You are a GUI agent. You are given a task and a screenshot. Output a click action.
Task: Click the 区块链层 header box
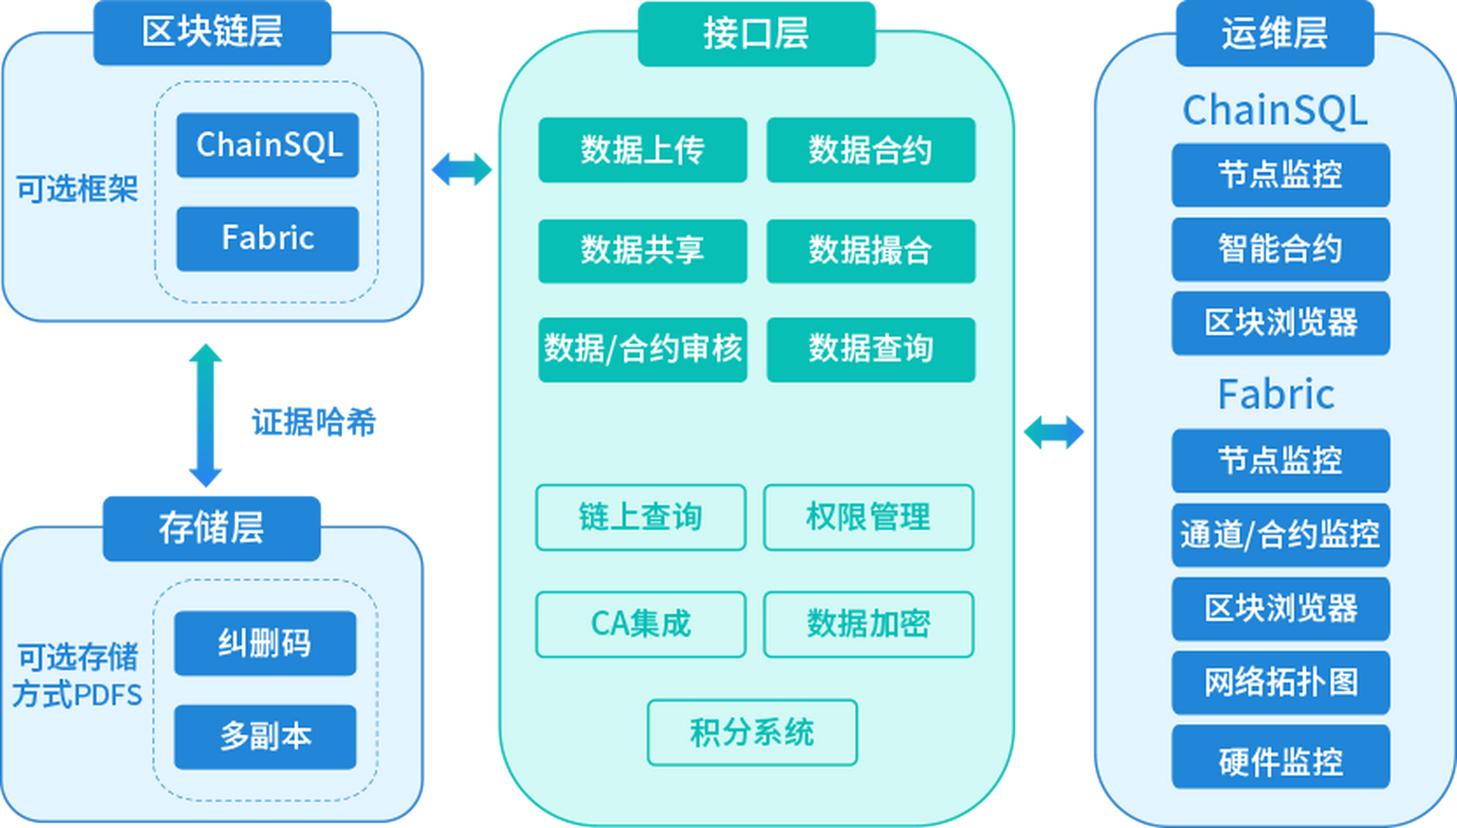click(212, 32)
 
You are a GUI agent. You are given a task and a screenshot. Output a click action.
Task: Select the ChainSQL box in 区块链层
click(268, 145)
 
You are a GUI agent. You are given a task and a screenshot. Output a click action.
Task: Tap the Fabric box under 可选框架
click(268, 238)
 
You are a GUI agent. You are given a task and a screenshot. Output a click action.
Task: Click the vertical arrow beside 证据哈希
click(206, 415)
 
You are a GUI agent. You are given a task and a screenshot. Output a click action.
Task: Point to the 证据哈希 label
click(314, 422)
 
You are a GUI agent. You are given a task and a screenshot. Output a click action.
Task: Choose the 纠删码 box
click(264, 643)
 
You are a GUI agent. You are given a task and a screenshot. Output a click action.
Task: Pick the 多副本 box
click(264, 737)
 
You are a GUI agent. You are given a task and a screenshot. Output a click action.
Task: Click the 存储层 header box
click(211, 528)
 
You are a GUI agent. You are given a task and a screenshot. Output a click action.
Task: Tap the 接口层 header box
click(756, 34)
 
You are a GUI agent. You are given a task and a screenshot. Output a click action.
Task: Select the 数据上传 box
click(643, 150)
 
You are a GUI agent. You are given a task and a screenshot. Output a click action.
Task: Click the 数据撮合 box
click(871, 251)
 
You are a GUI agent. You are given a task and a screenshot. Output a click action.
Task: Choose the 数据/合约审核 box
click(643, 349)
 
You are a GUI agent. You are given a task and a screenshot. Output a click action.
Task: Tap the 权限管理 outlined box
click(868, 517)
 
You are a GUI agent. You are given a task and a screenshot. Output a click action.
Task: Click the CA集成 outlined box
click(641, 624)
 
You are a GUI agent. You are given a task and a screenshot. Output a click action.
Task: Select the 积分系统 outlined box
click(752, 732)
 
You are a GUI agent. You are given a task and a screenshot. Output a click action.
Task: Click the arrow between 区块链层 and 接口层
click(462, 169)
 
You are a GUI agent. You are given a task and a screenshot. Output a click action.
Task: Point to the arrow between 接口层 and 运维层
click(1054, 432)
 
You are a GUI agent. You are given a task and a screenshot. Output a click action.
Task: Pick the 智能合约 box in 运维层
click(1280, 249)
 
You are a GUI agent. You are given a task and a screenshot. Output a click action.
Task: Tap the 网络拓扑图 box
click(1280, 682)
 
